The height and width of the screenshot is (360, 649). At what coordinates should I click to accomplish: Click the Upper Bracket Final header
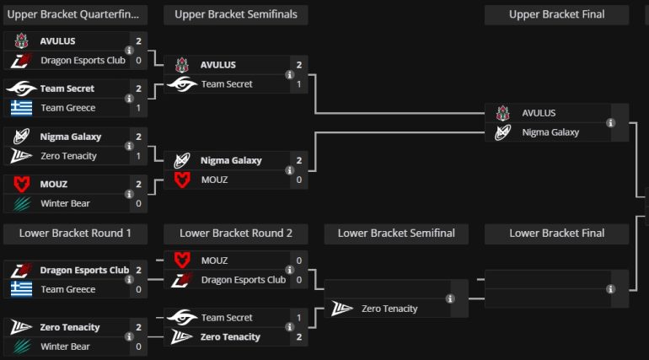point(556,14)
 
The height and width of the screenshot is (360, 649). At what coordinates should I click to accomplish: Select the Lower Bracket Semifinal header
point(396,233)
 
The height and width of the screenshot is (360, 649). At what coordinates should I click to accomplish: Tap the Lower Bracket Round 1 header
point(75,233)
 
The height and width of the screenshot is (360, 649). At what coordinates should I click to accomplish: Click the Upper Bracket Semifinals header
point(235,14)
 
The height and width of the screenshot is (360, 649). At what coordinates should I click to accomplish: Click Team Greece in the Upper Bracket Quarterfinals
point(68,108)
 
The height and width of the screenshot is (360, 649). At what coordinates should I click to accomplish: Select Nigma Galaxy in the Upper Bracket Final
point(550,132)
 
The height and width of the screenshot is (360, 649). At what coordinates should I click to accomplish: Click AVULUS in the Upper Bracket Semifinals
point(218,65)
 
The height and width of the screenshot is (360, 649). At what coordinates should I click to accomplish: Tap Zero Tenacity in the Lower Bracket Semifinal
point(389,309)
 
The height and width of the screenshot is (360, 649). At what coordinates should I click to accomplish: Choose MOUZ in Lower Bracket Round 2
point(214,261)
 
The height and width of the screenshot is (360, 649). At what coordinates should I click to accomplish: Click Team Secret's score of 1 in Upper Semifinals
point(298,84)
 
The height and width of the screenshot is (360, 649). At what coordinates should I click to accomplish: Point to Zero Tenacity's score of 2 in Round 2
point(298,336)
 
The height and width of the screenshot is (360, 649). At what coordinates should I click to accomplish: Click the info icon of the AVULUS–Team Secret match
point(289,75)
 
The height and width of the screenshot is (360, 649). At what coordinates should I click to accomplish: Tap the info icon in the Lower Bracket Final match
point(610,289)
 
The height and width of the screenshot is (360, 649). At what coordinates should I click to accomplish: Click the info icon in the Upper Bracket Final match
point(610,122)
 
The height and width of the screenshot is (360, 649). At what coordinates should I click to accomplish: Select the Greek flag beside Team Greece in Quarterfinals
point(21,108)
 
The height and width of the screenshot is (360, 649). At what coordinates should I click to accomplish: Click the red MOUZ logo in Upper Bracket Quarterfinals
point(21,184)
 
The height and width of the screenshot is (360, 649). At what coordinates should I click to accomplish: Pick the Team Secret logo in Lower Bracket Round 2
point(182,318)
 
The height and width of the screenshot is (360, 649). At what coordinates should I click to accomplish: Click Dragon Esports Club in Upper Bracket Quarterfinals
point(83,61)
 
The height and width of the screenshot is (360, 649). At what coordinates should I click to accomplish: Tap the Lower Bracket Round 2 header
point(235,233)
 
